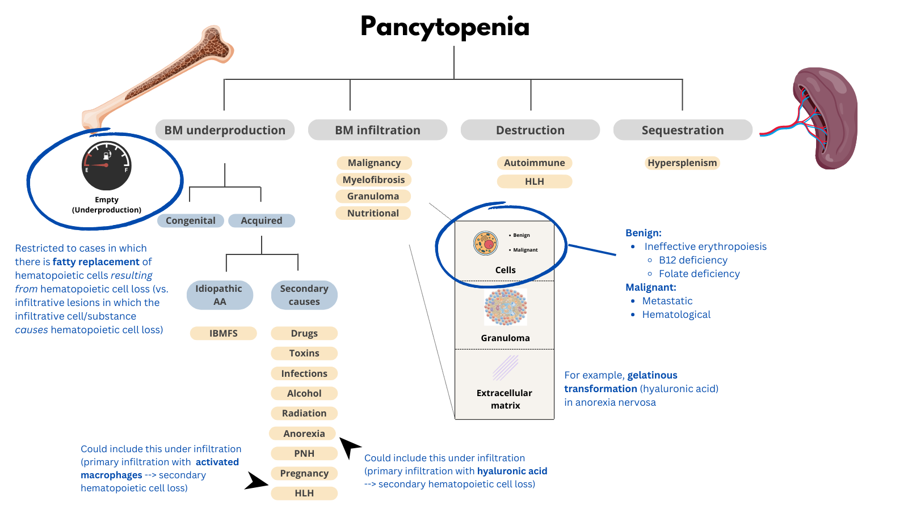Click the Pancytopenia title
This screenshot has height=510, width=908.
tap(445, 27)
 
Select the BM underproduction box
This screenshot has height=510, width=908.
tap(225, 130)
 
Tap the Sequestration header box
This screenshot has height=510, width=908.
tap(682, 130)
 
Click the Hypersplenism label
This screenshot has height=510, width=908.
tap(682, 163)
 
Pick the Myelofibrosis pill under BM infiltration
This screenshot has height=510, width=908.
tap(373, 180)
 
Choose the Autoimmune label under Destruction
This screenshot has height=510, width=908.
tap(534, 163)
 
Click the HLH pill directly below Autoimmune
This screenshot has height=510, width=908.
tap(534, 181)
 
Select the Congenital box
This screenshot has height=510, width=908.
tap(191, 220)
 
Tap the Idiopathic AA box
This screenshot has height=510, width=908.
tap(219, 295)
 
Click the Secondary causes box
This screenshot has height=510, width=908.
tap(304, 295)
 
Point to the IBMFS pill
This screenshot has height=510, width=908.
tap(223, 333)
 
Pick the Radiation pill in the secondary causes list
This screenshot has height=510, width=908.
tap(304, 413)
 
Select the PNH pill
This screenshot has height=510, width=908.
tap(304, 453)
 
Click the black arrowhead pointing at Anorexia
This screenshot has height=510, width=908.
tap(349, 446)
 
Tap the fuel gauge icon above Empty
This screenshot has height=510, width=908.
tap(107, 165)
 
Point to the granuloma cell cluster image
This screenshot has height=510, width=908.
tap(505, 307)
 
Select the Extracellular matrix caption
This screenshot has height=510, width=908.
tap(505, 399)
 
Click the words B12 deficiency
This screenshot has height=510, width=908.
tap(693, 260)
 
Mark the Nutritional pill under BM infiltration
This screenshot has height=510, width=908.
tap(373, 213)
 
